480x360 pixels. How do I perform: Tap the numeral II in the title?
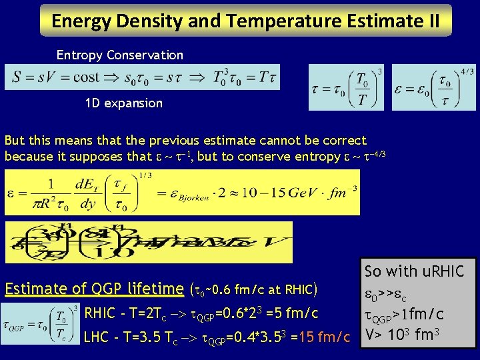coord(432,21)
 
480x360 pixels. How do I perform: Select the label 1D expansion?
coord(124,103)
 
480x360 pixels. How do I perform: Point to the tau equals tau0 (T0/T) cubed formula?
coord(347,87)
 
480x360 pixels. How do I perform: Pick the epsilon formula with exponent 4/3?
coord(433,87)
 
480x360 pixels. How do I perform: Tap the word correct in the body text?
coord(343,141)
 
